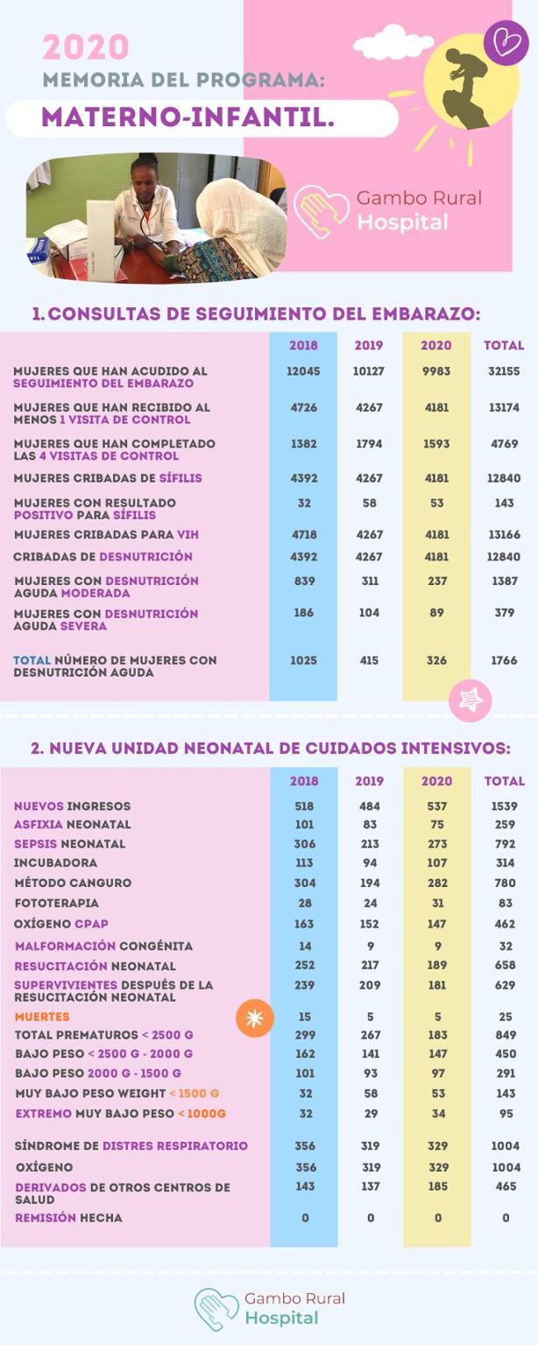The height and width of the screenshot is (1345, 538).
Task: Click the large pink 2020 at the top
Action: pyautogui.click(x=86, y=47)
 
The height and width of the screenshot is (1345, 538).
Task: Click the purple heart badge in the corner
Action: pyautogui.click(x=506, y=42)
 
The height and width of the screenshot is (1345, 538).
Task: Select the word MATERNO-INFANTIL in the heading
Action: pyautogui.click(x=188, y=117)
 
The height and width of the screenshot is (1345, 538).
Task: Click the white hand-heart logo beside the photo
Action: pyautogui.click(x=321, y=211)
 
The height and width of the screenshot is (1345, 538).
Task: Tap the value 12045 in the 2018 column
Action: pyautogui.click(x=303, y=371)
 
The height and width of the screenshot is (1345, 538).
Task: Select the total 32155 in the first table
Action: pyautogui.click(x=504, y=371)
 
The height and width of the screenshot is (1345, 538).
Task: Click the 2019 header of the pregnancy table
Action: pyautogui.click(x=369, y=345)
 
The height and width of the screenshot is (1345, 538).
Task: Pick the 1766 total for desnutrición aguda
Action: pyautogui.click(x=504, y=660)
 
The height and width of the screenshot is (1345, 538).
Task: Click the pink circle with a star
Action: pyautogui.click(x=470, y=701)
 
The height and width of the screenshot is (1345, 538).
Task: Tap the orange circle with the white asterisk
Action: pyautogui.click(x=255, y=1018)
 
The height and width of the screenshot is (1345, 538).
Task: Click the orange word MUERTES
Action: pyautogui.click(x=42, y=1017)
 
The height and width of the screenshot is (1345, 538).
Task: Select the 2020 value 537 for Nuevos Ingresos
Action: pyautogui.click(x=436, y=806)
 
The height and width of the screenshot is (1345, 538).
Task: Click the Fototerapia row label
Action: pyautogui.click(x=57, y=903)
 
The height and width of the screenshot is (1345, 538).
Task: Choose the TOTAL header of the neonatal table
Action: pyautogui.click(x=505, y=781)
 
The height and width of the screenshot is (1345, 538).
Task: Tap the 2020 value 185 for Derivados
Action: pyautogui.click(x=436, y=1187)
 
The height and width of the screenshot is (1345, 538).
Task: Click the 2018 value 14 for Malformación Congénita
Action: pyautogui.click(x=304, y=946)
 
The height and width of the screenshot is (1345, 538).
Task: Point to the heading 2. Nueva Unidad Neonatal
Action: pyautogui.click(x=270, y=749)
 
